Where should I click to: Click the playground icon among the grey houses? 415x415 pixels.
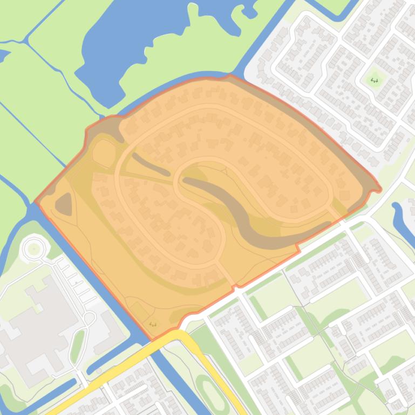(375, 81)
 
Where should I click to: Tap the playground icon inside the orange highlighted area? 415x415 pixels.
(153, 324)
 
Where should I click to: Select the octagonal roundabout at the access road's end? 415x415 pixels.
(34, 248)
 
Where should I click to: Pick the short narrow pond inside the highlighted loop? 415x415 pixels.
(151, 164)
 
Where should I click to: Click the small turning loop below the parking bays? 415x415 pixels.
(90, 318)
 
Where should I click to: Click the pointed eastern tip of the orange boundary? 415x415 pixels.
(379, 189)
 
